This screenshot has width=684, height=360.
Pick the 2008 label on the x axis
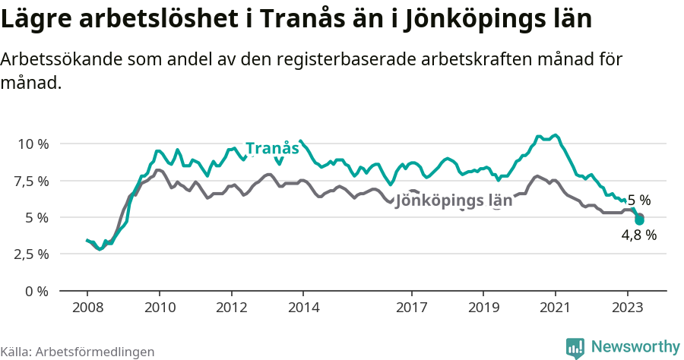pos(87,308)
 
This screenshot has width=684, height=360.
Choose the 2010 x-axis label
pos(159,308)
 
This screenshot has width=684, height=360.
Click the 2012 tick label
pos(231,308)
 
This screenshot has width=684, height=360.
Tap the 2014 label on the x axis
pos(302,308)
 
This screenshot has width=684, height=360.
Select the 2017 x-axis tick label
pos(411,308)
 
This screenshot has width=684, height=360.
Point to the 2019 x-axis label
pos(483,308)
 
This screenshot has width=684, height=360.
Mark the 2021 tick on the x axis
pos(555,308)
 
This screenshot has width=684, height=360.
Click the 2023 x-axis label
pos(627,308)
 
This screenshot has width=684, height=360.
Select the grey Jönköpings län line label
pos(454,202)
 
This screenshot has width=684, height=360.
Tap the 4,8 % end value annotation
pos(638,235)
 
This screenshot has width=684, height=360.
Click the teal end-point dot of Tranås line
pos(639,220)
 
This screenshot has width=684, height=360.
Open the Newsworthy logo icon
pos(575,347)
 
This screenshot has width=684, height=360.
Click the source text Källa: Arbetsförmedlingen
pos(78,352)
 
